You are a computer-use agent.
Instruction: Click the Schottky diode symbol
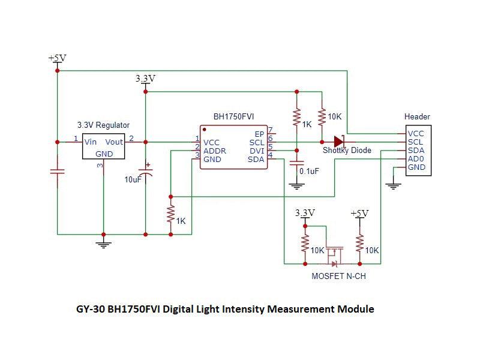(339, 142)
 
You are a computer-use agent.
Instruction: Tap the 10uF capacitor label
(132, 179)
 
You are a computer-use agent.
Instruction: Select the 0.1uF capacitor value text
(309, 171)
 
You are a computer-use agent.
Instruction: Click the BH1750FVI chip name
(233, 116)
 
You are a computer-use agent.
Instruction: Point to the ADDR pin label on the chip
(215, 151)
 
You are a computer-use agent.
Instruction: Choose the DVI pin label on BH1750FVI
(256, 151)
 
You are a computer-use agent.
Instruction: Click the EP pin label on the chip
(259, 134)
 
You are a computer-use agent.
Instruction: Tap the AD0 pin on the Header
(416, 159)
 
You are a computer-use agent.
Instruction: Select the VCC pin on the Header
(416, 134)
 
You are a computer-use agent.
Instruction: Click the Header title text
(417, 116)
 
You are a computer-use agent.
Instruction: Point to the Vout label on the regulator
(114, 142)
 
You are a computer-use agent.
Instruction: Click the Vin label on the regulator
(91, 142)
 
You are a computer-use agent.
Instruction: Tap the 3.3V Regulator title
(103, 125)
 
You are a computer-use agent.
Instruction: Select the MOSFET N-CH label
(338, 277)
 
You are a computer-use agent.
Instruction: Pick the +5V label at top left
(57, 58)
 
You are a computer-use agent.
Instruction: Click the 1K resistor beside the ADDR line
(171, 214)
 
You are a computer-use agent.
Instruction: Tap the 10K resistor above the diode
(322, 116)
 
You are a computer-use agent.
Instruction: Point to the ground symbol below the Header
(393, 185)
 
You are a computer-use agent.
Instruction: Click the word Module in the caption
(355, 310)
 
